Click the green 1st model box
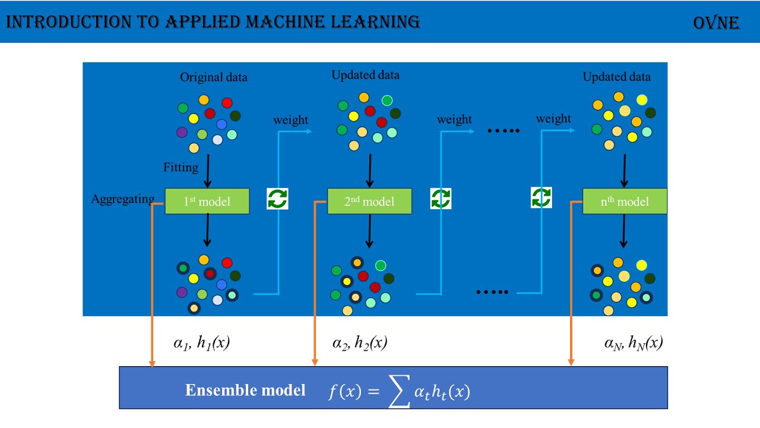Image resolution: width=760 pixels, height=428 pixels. point(207,202)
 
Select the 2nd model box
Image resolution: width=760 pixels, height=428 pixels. point(369,202)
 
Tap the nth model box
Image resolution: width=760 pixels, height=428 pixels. point(625,202)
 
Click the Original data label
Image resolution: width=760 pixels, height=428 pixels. point(214,77)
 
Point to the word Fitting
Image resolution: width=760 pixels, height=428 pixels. point(181,168)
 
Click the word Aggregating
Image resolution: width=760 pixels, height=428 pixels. point(123,199)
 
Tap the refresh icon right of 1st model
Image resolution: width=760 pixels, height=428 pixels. point(277,199)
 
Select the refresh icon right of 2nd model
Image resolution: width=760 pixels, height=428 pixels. point(441,199)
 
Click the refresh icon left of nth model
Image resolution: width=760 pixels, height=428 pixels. point(541,197)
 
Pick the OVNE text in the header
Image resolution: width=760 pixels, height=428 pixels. point(716,23)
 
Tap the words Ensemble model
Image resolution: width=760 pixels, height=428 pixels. point(245,390)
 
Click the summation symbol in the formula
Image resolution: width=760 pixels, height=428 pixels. point(399,392)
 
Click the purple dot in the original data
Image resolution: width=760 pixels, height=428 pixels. point(182,132)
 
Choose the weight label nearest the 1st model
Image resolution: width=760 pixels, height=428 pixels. point(290,120)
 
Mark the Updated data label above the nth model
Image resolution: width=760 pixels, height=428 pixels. point(616,77)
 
